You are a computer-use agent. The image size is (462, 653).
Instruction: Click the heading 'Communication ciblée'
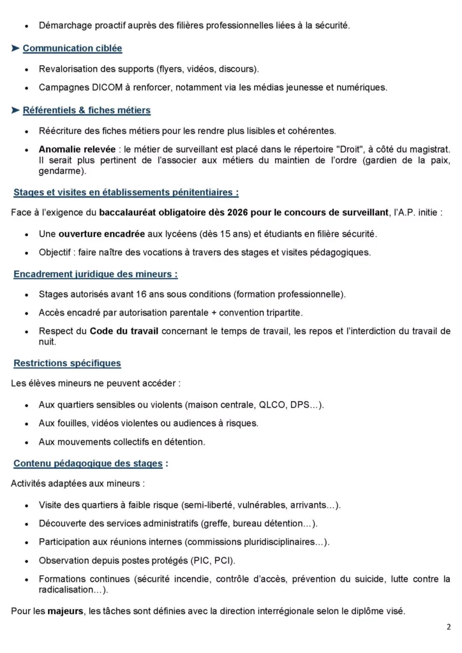(72, 48)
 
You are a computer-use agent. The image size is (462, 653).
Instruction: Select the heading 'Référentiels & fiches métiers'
(86, 110)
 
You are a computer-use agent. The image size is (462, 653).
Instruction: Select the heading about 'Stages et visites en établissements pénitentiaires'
(126, 192)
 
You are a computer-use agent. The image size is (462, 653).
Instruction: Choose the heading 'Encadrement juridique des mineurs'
(95, 274)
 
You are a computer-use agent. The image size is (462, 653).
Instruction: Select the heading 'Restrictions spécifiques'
(67, 363)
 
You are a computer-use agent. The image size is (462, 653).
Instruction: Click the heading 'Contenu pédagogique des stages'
(88, 464)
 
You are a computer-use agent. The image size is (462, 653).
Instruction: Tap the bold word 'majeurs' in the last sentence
(65, 611)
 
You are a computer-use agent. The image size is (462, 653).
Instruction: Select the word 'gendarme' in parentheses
(60, 171)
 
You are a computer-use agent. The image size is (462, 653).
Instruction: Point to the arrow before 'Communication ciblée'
(15, 48)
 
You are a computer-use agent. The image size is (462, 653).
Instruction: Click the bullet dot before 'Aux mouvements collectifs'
(24, 442)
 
